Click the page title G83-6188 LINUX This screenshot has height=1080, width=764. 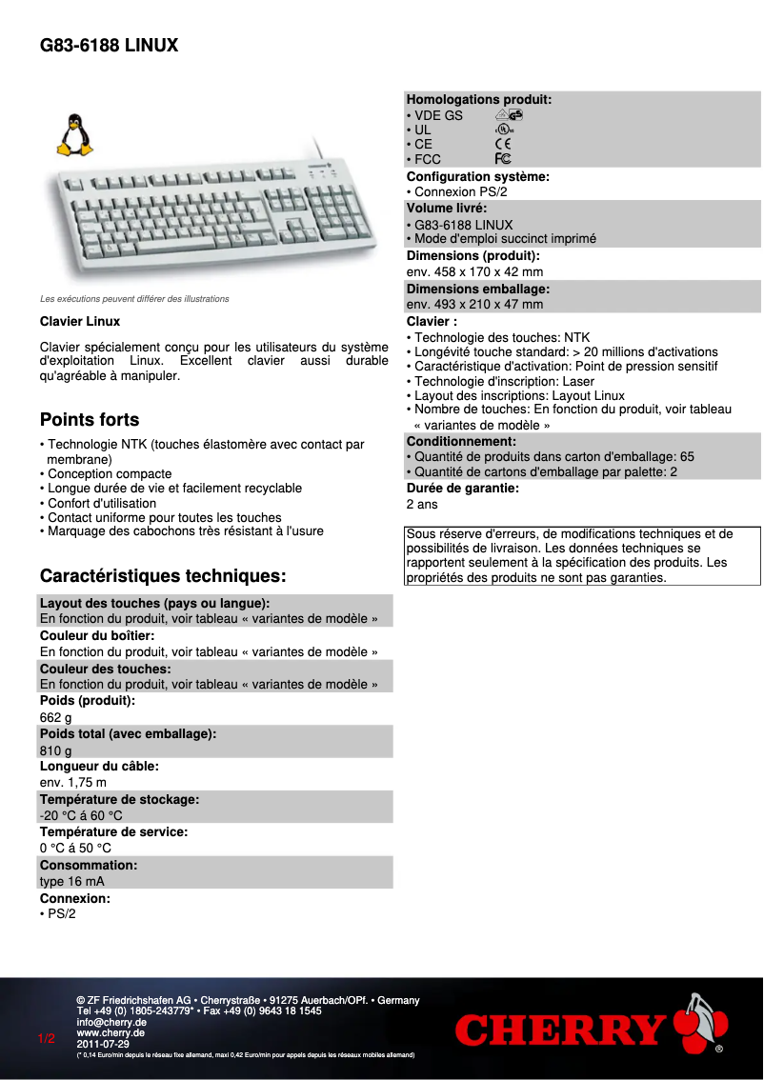point(109,46)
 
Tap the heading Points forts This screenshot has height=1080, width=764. point(90,420)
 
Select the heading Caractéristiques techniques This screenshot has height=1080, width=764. point(163,576)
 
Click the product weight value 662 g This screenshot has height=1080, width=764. point(55,718)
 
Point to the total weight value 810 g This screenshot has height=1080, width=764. point(55,750)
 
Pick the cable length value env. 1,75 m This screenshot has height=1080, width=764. point(73,783)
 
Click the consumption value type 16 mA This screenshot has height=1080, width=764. point(72,881)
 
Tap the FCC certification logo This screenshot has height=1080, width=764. point(503,159)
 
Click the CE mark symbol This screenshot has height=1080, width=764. point(503,144)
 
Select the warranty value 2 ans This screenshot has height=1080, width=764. point(422,504)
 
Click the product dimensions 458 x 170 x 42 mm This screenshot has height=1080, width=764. point(474,271)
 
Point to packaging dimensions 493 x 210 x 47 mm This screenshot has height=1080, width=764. point(474,304)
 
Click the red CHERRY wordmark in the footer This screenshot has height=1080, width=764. point(560,1030)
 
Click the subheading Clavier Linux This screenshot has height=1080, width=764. point(80,322)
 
